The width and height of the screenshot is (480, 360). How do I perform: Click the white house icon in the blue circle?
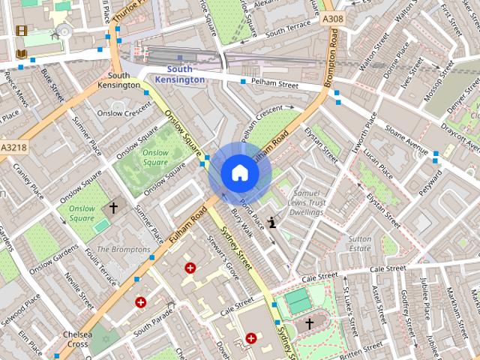239,173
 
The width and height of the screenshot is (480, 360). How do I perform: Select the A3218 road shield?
13,148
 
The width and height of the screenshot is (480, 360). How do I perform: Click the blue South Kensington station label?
179,74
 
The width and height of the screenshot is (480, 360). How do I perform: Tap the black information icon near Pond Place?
271,221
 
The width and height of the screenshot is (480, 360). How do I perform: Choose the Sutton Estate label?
359,244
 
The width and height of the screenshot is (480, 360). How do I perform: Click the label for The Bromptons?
123,249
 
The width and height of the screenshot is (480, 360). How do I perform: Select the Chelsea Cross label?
78,339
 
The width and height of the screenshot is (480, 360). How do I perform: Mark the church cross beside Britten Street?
309,324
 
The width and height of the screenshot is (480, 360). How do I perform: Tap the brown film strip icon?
21,31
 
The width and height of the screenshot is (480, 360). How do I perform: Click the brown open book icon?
21,54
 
